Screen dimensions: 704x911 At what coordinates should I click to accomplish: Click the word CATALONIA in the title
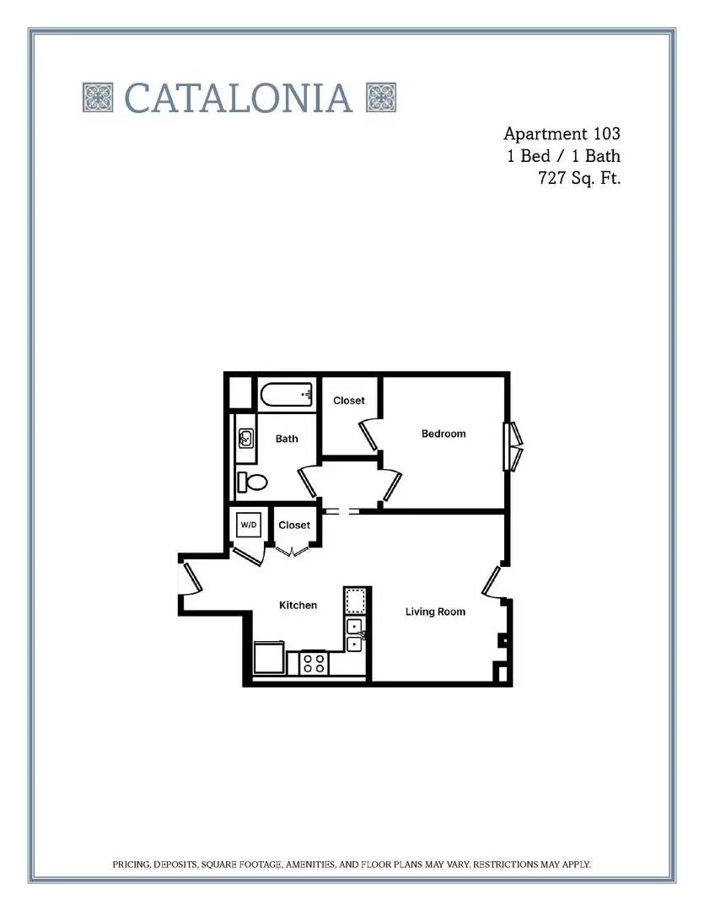pos(238,98)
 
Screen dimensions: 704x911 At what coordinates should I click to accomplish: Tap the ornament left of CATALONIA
pos(98,97)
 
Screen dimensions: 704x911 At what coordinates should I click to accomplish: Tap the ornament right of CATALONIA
pos(381,97)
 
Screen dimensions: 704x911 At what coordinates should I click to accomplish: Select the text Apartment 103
pos(562,133)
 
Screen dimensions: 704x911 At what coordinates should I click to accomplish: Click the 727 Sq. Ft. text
pos(580,178)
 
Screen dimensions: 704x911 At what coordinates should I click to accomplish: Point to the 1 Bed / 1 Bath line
pos(563,156)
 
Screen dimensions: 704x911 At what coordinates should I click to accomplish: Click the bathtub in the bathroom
pos(287,395)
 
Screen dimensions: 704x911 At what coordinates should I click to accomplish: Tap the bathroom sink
pos(246,438)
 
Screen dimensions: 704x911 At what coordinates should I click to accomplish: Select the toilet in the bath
pos(251,482)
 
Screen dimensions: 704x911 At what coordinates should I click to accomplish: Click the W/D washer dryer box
pos(249,526)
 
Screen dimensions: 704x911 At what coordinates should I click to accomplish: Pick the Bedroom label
pos(443,434)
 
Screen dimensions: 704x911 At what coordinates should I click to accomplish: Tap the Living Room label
pos(435,612)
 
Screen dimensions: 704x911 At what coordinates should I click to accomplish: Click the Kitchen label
pos(298,605)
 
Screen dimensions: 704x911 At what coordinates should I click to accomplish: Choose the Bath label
pos(287,439)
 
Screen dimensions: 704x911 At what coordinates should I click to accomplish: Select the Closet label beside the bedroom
pos(349,401)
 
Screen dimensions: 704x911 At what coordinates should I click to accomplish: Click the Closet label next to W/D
pos(294,525)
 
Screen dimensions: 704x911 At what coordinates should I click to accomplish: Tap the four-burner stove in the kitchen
pos(314,663)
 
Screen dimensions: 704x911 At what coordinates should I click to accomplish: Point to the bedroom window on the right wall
pos(513,446)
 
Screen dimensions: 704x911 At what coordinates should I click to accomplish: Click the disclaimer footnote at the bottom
pos(352,865)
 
